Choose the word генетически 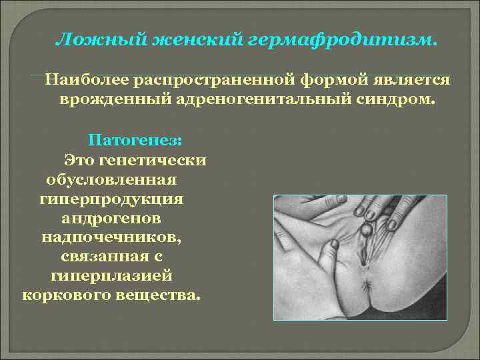151,161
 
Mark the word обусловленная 111,180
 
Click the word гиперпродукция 111,199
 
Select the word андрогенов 111,218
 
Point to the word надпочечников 111,237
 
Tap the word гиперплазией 111,275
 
